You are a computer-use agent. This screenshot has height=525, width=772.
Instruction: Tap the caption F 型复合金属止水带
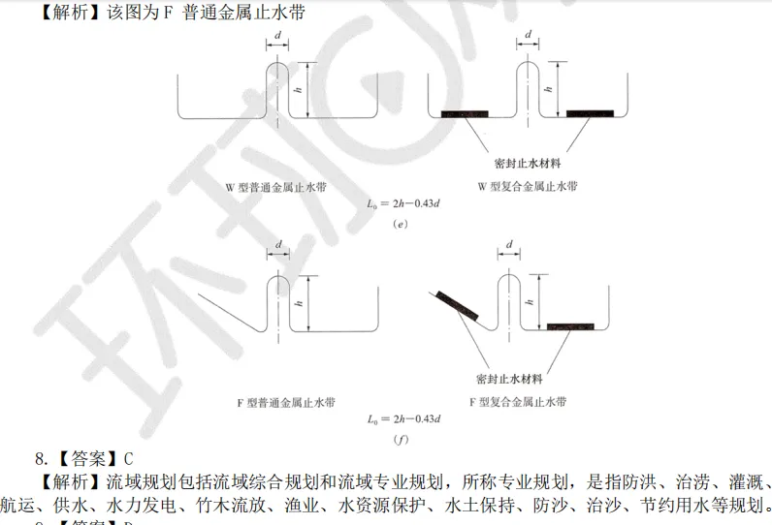pyautogui.click(x=517, y=400)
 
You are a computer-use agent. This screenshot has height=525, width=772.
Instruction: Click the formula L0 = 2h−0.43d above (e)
pyautogui.click(x=403, y=203)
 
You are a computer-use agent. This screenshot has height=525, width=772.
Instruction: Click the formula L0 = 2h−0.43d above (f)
pyautogui.click(x=403, y=418)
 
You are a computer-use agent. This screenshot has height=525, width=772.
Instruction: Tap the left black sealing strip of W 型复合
pyautogui.click(x=465, y=114)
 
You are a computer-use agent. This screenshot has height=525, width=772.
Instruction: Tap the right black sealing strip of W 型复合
pyautogui.click(x=590, y=114)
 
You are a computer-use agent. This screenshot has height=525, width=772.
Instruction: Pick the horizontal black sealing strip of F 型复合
pyautogui.click(x=572, y=326)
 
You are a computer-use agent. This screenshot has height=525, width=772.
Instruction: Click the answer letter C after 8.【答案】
pyautogui.click(x=128, y=458)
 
